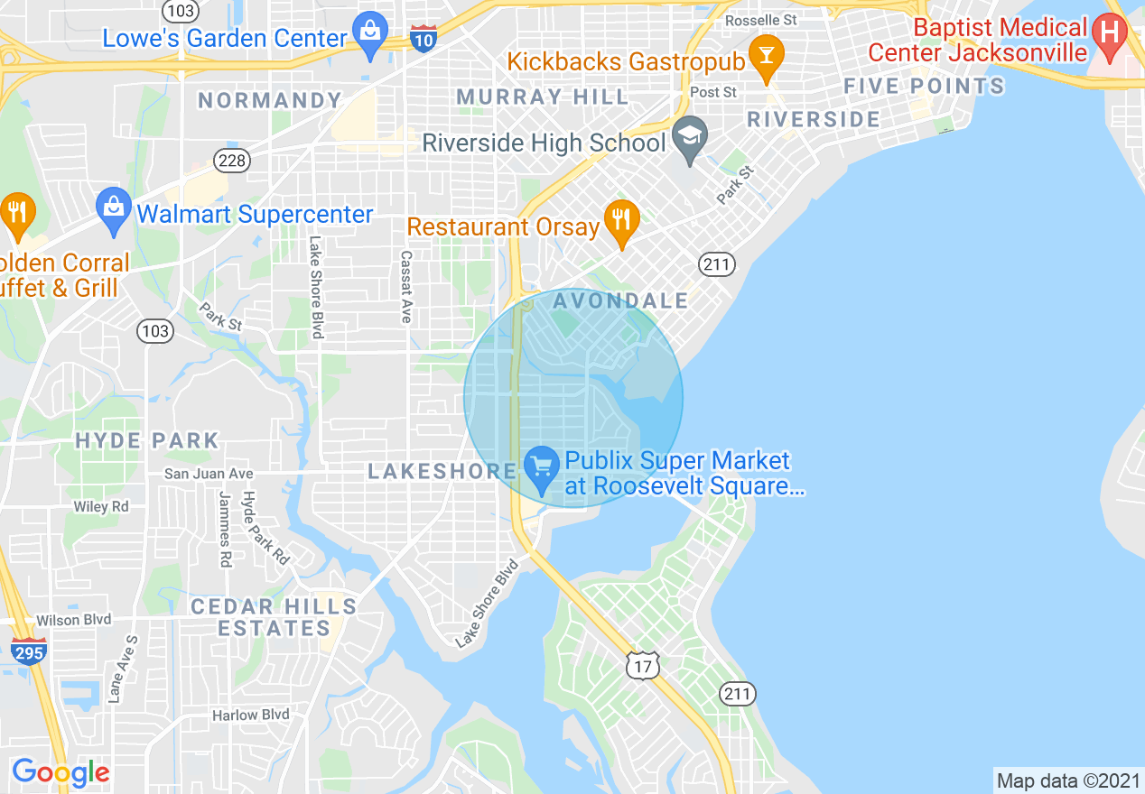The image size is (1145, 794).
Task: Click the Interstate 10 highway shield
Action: coord(424,38)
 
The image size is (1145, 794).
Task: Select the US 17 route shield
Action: coord(643,666)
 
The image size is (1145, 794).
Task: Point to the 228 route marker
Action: coord(228,160)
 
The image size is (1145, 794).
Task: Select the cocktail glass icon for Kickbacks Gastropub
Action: coord(766,56)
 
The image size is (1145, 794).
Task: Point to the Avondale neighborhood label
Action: coord(621,300)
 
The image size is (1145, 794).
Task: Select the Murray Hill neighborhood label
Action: coord(543,97)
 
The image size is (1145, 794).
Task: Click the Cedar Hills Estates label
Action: coord(274,617)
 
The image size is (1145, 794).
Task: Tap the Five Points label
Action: coord(924,87)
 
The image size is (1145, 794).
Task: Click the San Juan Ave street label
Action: coord(209,474)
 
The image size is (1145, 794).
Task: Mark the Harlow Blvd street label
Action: coord(251,715)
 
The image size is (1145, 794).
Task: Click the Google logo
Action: coord(61,772)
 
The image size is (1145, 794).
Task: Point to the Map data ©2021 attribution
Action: coord(1066,780)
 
